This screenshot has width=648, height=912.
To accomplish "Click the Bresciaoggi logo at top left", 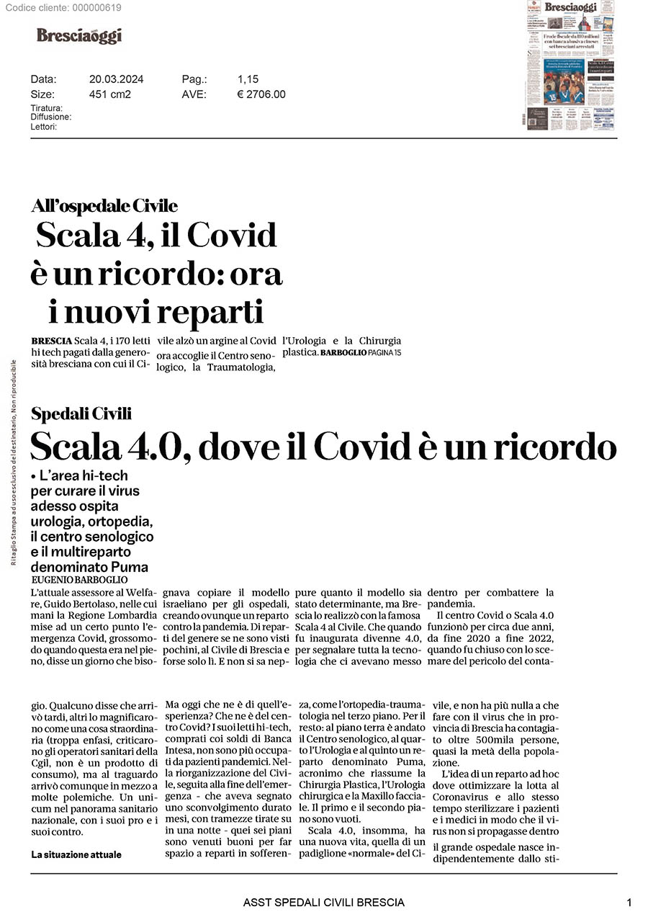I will [x=79, y=35].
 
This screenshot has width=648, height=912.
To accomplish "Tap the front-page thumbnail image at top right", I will [x=570, y=66].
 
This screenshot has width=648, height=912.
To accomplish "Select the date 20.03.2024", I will [x=116, y=79].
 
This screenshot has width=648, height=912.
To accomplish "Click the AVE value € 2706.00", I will [x=261, y=94].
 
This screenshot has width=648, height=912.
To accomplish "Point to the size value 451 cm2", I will [x=109, y=94].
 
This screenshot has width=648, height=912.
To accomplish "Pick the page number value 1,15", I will [x=248, y=79].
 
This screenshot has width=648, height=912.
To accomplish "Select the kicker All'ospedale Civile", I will [x=104, y=206].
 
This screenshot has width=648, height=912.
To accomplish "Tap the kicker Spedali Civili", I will [x=81, y=413].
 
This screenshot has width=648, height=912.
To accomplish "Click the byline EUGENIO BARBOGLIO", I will [x=79, y=579].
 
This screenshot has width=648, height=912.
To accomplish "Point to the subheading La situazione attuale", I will [x=76, y=854].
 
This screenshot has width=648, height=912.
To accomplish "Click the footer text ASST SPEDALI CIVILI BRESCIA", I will [x=323, y=902].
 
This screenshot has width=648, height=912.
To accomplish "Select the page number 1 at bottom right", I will [x=629, y=902].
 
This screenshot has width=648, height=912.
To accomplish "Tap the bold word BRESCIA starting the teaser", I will [x=51, y=341].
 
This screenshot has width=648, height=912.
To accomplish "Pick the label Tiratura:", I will [x=46, y=108].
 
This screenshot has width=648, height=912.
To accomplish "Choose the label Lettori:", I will [x=43, y=127].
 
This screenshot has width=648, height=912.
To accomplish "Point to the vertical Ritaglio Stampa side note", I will [x=14, y=461].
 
